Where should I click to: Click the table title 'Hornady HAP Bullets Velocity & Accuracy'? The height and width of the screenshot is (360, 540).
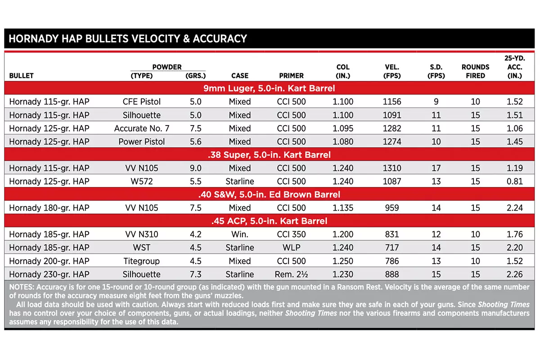point(128,39)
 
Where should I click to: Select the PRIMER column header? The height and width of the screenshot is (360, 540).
point(291,76)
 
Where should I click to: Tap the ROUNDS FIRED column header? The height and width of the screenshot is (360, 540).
point(475,72)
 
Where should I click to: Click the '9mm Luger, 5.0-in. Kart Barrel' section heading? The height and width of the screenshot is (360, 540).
point(269,88)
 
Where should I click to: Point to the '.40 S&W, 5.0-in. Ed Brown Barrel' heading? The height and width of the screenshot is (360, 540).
point(269,195)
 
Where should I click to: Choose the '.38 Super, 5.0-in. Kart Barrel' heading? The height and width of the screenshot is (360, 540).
point(269,155)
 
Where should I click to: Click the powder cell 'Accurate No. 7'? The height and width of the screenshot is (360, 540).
point(142,128)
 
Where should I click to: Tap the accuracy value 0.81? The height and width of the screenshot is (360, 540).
point(515,181)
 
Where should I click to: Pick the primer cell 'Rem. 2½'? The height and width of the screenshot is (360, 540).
point(291,274)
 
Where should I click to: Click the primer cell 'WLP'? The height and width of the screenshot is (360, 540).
point(291,247)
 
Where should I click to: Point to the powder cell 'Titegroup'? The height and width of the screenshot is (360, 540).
point(142,261)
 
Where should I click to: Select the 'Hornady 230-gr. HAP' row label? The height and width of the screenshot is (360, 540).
point(49,274)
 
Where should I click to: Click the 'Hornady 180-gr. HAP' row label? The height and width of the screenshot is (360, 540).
point(49,208)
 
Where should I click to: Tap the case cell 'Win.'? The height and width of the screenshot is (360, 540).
point(240,234)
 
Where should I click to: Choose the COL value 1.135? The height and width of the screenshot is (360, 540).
point(343,208)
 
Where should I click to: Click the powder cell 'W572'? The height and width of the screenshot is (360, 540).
point(142,181)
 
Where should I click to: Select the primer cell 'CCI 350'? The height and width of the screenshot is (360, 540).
point(291,234)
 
